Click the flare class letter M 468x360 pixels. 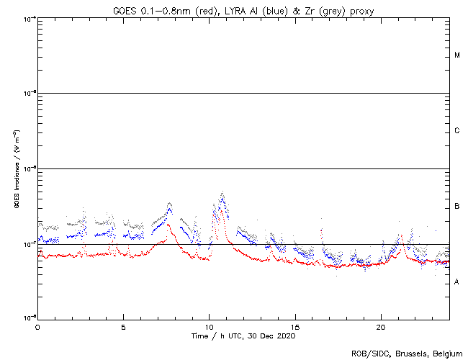coord(457,55)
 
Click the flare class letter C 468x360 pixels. coord(457,131)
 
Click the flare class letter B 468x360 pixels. coord(457,207)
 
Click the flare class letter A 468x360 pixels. coord(457,282)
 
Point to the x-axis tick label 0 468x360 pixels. coord(37,326)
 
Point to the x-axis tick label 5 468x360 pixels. coord(123,326)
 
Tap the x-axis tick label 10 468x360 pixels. coord(209,326)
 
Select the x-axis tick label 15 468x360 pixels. coord(294,326)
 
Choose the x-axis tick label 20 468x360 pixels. coord(380,326)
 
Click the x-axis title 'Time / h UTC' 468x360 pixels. coord(216,336)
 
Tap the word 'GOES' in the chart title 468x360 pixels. coord(125,9)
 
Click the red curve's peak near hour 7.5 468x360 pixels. coord(168,224)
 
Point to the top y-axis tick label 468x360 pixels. coord(29,18)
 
